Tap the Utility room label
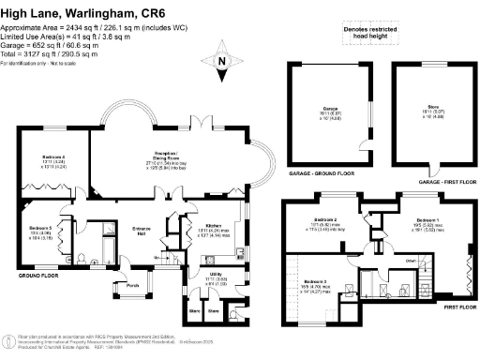[x=214, y=274]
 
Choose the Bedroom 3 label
[x=319, y=281]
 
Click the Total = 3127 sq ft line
[x=53, y=54]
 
